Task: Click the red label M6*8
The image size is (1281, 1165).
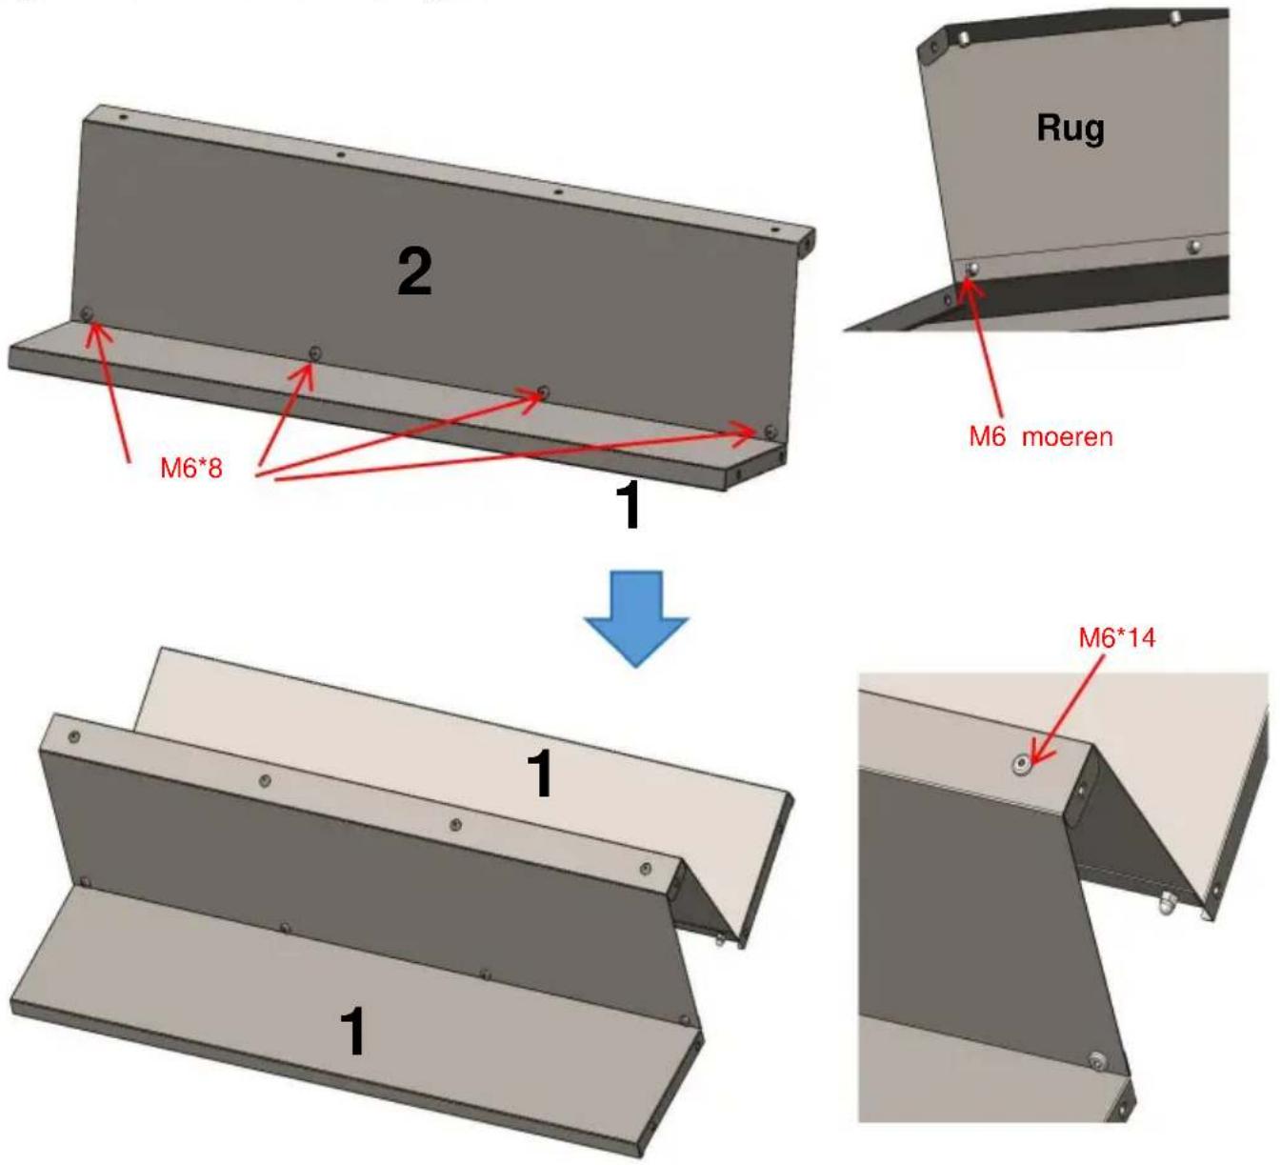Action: click(x=190, y=469)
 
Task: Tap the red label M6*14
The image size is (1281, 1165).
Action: click(x=1117, y=637)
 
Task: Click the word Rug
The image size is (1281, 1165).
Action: click(x=1071, y=129)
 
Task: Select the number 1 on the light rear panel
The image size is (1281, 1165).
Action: click(x=541, y=773)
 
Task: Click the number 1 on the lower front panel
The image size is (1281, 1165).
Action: click(x=352, y=1033)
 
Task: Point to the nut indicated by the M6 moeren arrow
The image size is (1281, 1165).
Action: click(x=971, y=269)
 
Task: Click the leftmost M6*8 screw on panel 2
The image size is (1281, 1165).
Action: click(x=87, y=313)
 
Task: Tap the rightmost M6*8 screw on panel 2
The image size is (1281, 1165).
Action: click(x=771, y=430)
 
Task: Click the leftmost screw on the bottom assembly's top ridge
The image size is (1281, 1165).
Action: click(x=74, y=737)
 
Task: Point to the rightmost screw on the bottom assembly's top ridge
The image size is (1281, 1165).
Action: click(x=647, y=869)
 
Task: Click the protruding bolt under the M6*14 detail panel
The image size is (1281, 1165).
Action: click(x=1166, y=907)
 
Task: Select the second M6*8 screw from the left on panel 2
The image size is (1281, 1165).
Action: click(x=314, y=352)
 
